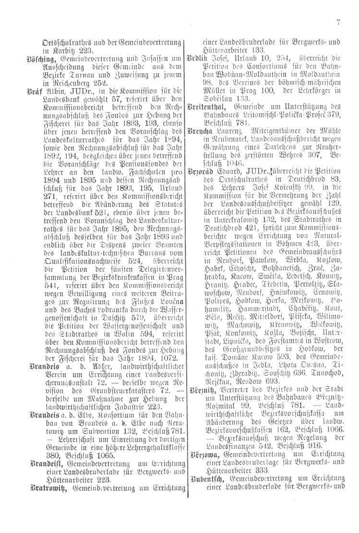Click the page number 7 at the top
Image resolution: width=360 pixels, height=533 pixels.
coord(338,21)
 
